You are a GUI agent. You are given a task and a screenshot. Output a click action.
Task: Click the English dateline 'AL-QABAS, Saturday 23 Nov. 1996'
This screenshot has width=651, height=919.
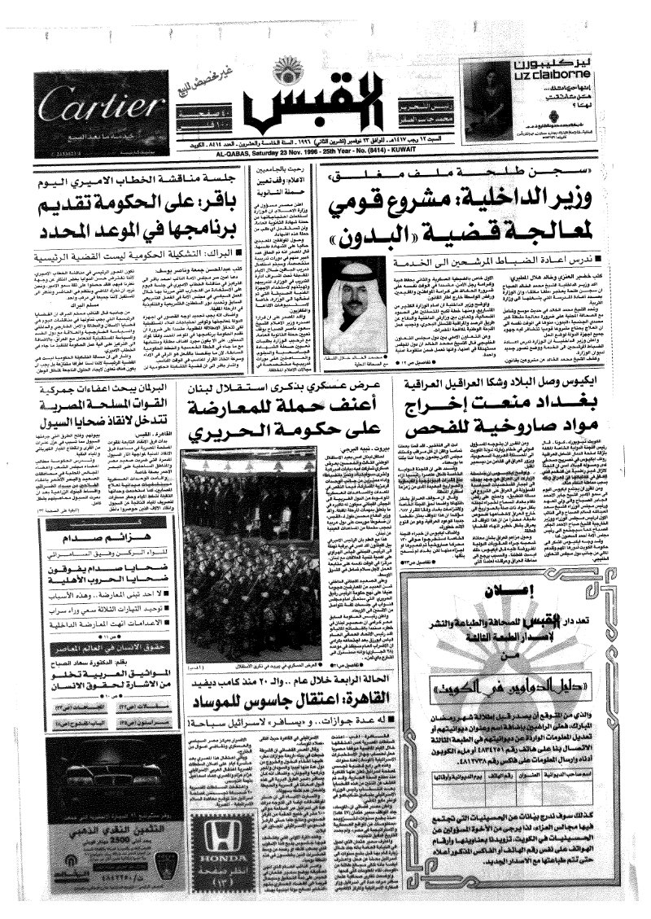click(x=325, y=151)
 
